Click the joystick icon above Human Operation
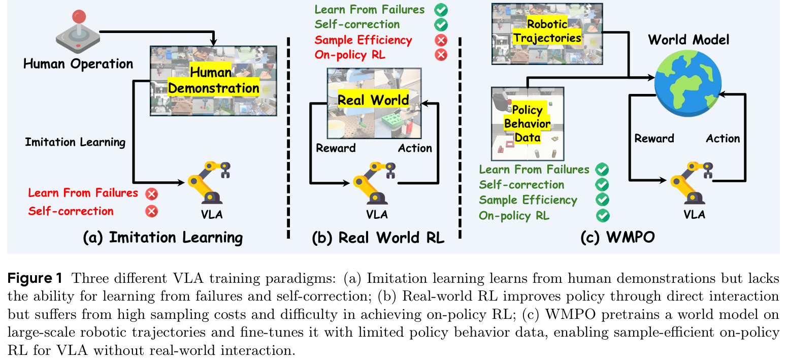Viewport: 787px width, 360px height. click(78, 31)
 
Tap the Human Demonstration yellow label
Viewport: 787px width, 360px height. click(213, 81)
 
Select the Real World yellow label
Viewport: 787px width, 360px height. click(373, 100)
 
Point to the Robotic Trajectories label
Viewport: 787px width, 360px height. click(546, 31)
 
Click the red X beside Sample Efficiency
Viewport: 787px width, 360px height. click(441, 40)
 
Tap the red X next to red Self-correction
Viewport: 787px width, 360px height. click(151, 211)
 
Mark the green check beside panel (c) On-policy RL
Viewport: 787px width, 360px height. click(603, 215)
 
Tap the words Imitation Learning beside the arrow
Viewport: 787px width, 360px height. click(75, 142)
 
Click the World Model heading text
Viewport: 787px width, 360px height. click(688, 40)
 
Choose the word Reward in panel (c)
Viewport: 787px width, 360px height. click(654, 138)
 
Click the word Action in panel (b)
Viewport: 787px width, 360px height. click(415, 148)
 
